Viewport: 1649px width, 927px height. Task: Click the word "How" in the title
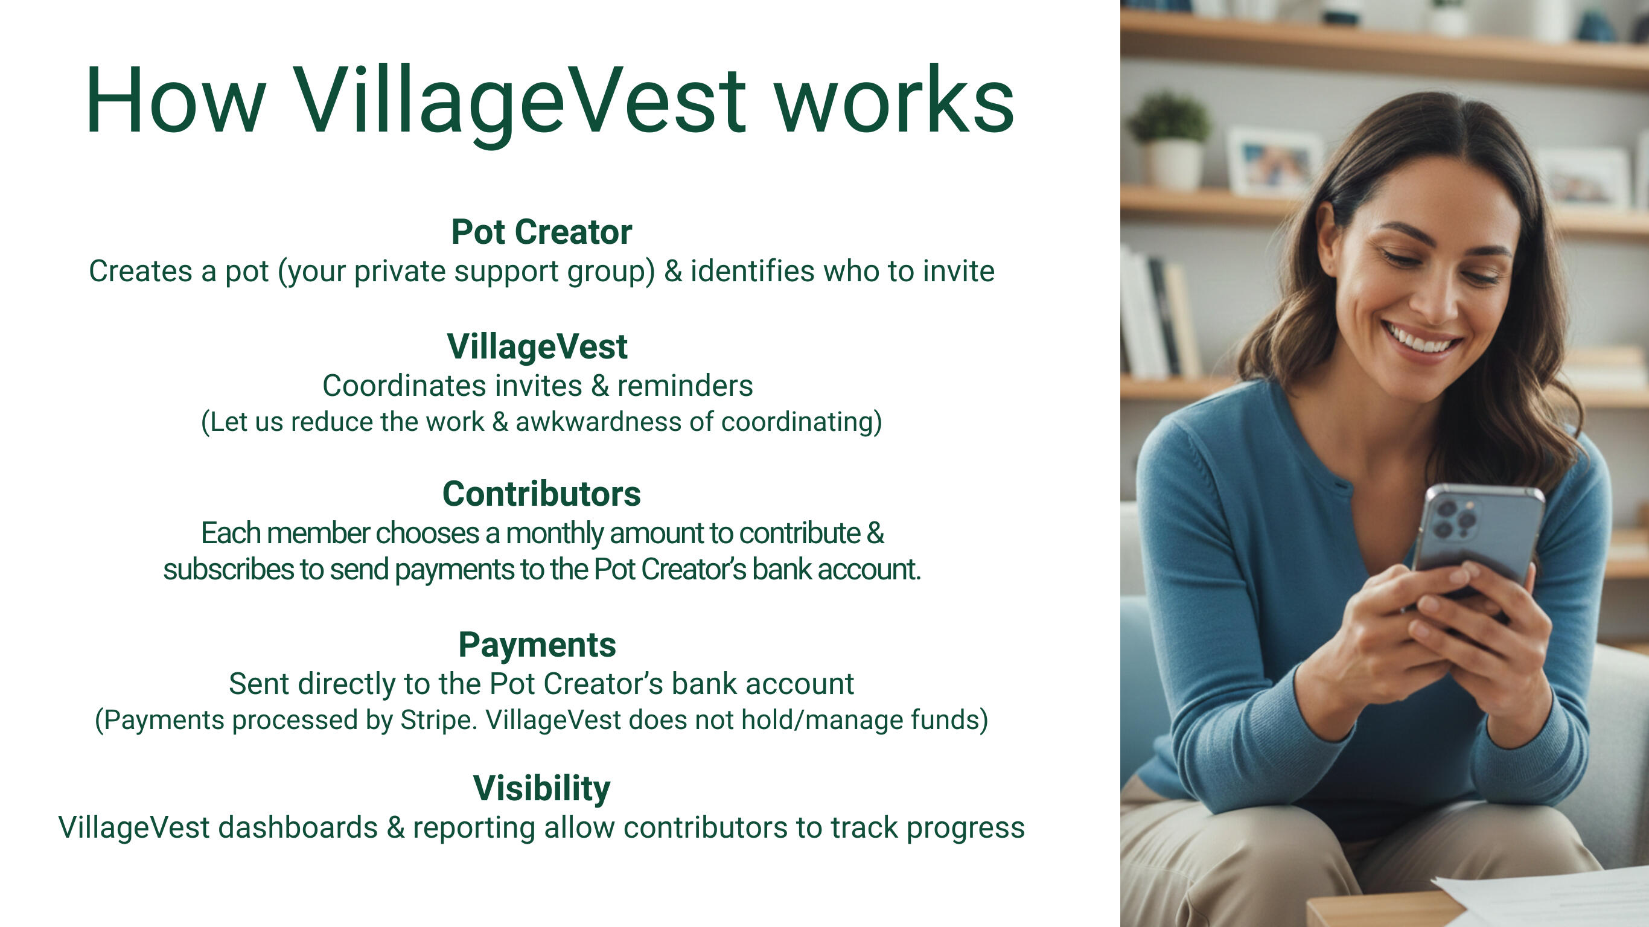pos(176,101)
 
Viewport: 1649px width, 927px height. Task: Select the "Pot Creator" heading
pos(541,232)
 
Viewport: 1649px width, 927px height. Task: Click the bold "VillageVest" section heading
pos(537,346)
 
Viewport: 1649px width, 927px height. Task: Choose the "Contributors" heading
pos(541,494)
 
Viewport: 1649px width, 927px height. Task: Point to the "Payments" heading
pos(537,645)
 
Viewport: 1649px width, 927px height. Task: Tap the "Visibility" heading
pos(541,788)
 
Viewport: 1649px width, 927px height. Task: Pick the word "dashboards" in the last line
pos(298,827)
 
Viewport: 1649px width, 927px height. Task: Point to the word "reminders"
pos(685,386)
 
